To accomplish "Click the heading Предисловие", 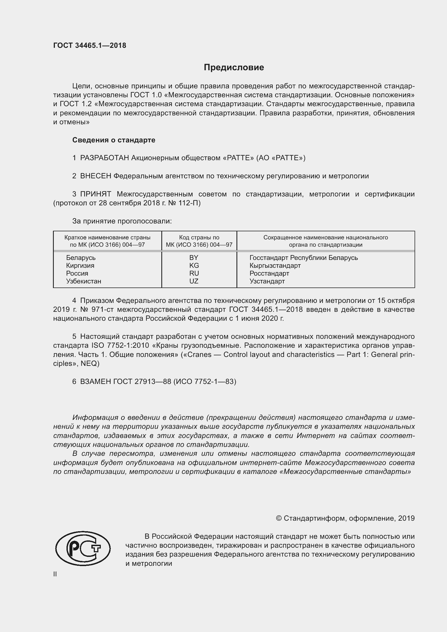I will [234, 68].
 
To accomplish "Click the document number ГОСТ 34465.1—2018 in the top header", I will [90, 45].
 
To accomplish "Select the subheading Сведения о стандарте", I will [114, 140].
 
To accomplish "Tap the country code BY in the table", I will [194, 258].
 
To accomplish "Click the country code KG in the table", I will [194, 265].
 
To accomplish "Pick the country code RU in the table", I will [194, 273].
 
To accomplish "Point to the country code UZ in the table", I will [194, 281].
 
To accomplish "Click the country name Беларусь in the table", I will [81, 258].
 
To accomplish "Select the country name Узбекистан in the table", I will [84, 281].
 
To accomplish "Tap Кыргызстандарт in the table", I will [275, 265].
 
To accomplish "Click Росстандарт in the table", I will [269, 273].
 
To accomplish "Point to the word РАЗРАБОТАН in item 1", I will [105, 158].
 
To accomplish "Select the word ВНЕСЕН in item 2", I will [95, 176].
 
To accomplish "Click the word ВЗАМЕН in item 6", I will [95, 382].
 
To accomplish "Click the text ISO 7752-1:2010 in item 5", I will [120, 346].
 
